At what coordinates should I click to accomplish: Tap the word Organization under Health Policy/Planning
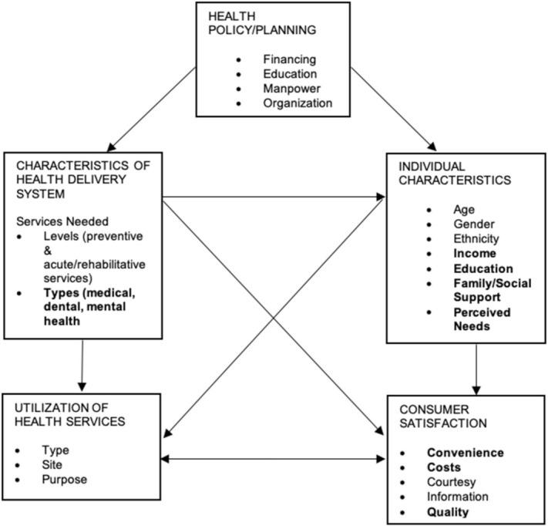(297, 103)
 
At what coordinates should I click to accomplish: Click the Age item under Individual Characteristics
(465, 209)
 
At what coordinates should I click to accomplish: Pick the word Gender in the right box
(475, 224)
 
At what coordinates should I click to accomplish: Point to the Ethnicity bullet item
(477, 238)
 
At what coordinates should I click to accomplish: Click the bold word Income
(475, 254)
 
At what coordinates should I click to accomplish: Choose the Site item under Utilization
(52, 465)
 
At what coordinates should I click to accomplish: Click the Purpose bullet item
(65, 480)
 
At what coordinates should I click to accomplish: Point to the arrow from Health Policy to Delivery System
(153, 107)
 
